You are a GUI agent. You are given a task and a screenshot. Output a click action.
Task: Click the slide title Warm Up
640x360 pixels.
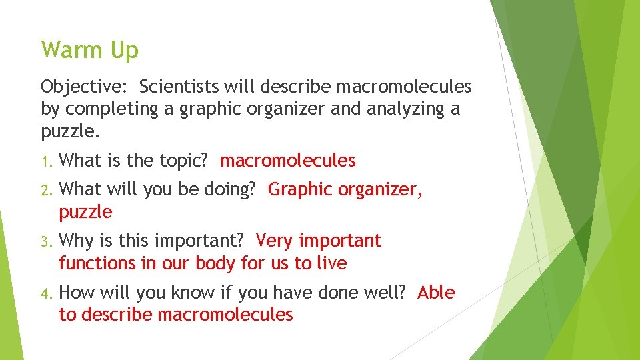point(89,51)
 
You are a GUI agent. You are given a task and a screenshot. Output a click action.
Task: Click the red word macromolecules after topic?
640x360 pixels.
point(288,161)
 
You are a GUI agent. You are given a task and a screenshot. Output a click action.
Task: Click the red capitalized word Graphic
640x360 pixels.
point(300,189)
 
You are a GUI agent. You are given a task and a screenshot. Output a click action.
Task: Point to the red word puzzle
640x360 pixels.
point(85,213)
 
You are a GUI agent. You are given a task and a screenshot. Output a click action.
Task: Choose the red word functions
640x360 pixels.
point(97,263)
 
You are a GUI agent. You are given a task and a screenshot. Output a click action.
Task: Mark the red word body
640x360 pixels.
point(215,263)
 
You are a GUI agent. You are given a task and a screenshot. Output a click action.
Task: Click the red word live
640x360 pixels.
point(332,263)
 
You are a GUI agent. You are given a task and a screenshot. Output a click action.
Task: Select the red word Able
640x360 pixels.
point(436,292)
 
